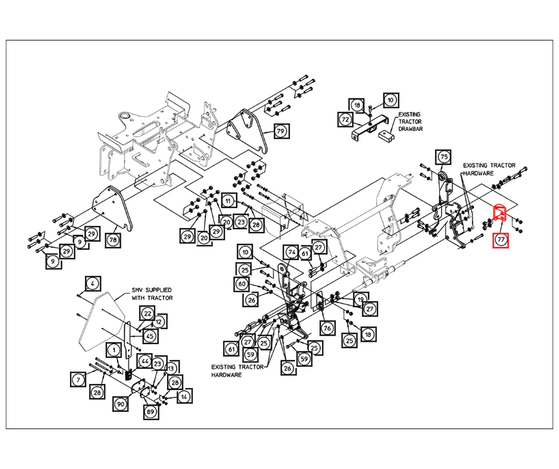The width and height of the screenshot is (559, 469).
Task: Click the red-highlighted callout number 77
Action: click(501, 239)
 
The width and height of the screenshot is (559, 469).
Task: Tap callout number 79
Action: click(281, 131)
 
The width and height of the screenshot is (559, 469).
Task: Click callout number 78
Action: click(113, 239)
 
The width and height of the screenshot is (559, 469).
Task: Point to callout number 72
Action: click(346, 119)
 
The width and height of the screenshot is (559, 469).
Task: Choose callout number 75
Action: click(444, 157)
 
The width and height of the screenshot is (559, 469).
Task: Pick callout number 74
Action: click(292, 252)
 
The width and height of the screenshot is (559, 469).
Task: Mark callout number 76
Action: click(328, 329)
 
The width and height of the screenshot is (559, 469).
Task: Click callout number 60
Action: click(242, 284)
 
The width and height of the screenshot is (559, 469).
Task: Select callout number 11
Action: click(228, 201)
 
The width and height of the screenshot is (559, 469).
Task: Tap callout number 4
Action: click(93, 284)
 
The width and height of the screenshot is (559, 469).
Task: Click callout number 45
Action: click(150, 336)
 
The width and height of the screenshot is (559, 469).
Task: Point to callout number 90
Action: click(120, 404)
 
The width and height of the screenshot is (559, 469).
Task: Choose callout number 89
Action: click(150, 411)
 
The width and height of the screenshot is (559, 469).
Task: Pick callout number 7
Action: click(78, 379)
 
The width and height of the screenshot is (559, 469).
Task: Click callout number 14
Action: click(184, 396)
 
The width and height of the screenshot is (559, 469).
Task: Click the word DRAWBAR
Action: click(411, 129)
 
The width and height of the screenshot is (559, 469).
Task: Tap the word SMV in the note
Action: click(137, 290)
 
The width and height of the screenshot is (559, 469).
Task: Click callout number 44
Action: click(145, 361)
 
